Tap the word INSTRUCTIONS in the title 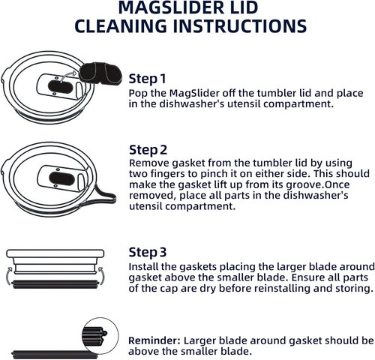[240, 25]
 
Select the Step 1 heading [147, 79]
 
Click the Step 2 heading [148, 150]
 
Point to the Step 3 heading [148, 252]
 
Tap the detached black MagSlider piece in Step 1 [100, 73]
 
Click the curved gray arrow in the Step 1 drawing [68, 76]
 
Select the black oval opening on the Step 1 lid [60, 87]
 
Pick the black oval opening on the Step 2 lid [61, 178]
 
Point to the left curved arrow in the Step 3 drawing [8, 275]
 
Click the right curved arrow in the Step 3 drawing [100, 275]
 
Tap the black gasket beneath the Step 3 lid [55, 284]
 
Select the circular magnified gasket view [100, 336]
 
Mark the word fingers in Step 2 [174, 173]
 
